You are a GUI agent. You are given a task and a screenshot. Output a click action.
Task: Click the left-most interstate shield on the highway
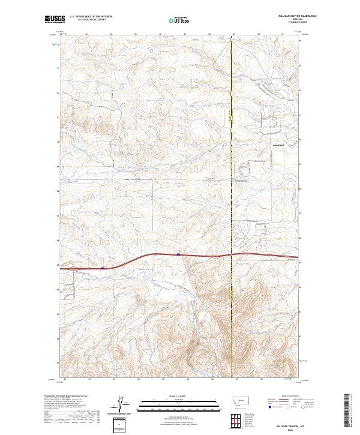click(x=103, y=268)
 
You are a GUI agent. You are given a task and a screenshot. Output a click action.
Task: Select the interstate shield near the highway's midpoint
click(x=178, y=254)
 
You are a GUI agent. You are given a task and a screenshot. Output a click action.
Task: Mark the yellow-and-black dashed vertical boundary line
click(x=232, y=180)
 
